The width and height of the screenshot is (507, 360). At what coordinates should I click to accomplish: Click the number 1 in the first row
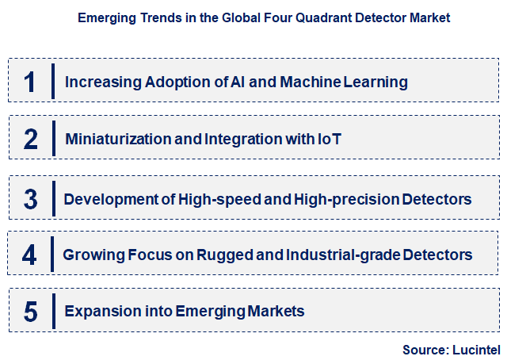tap(30, 81)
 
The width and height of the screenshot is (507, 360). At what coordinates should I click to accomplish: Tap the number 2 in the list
tap(31, 140)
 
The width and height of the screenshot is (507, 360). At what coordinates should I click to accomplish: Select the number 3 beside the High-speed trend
tap(31, 198)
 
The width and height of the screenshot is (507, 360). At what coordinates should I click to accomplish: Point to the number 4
tap(30, 255)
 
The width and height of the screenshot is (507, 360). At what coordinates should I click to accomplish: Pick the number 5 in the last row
tap(31, 312)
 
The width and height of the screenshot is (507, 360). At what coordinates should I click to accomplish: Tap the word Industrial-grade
tap(352, 255)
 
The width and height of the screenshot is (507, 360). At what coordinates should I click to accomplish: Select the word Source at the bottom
tap(425, 349)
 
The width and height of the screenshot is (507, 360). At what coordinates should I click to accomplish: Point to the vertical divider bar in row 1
tap(52, 81)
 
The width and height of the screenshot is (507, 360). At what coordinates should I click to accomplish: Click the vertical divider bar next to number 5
tap(52, 312)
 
